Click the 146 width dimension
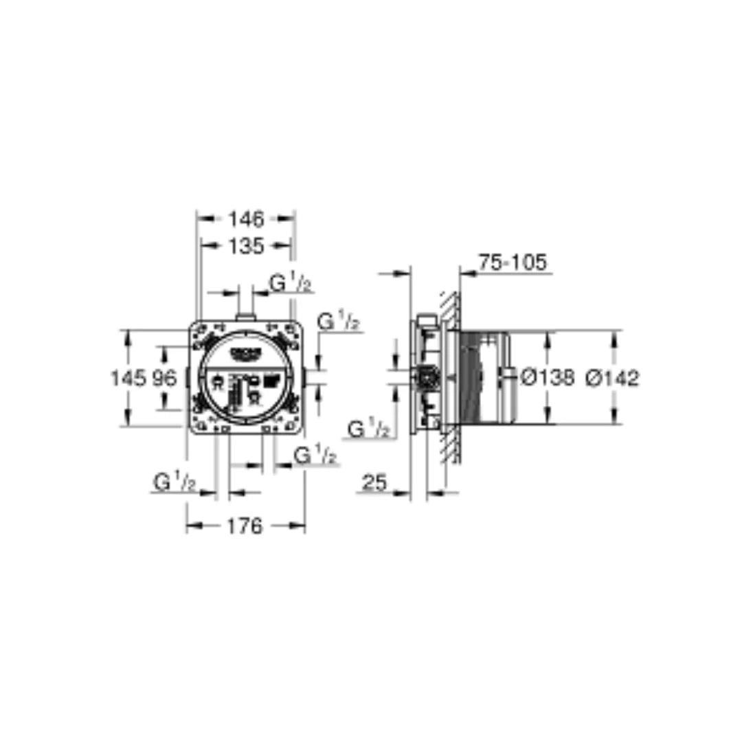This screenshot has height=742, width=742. tap(246, 219)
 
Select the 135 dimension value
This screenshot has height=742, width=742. tap(245, 245)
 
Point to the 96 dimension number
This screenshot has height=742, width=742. tap(164, 377)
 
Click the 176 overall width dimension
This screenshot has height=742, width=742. tap(245, 526)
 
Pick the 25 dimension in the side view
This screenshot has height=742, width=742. tap(374, 483)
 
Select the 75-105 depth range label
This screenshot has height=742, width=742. tap(512, 262)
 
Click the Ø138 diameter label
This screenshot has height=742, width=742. tap(547, 377)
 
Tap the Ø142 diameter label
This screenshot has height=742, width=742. tap(612, 377)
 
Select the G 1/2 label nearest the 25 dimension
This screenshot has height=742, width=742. tap(369, 429)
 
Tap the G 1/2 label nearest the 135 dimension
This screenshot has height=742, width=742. tap(290, 283)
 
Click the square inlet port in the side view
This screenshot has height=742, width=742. tap(427, 377)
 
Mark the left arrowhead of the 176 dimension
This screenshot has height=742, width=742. tap(192, 526)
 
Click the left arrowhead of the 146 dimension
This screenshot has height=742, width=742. tap(202, 219)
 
